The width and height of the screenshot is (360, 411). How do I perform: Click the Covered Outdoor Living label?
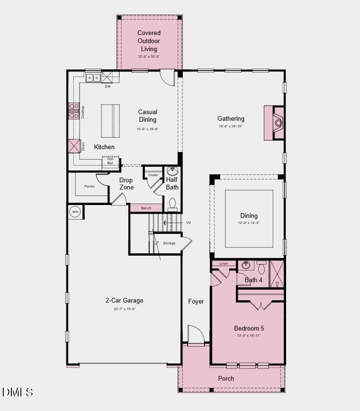[149, 41]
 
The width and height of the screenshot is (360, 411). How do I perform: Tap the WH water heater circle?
[75, 212]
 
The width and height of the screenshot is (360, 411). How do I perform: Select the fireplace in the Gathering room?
[278, 123]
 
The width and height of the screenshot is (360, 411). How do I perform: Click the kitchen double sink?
[93, 78]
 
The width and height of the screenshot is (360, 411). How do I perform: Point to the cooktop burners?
[74, 111]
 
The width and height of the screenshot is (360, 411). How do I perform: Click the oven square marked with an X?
[74, 146]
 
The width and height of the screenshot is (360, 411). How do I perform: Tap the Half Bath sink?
[172, 171]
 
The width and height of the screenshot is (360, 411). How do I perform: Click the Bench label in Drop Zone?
[146, 208]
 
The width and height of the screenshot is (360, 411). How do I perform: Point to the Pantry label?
[90, 187]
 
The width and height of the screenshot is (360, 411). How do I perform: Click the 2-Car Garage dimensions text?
[124, 309]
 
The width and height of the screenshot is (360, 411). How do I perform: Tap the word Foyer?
[196, 302]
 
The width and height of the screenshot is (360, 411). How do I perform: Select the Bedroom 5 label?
[249, 328]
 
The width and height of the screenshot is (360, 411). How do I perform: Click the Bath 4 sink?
[245, 265]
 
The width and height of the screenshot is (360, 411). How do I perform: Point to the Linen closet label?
[224, 263]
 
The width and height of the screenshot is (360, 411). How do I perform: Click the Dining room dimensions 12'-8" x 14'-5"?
[249, 223]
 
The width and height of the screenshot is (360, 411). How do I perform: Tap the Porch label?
[226, 378]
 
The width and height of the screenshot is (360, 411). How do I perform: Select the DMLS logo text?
[18, 392]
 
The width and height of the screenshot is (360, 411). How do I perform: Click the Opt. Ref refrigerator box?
[110, 161]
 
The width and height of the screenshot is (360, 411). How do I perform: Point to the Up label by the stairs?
[189, 222]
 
